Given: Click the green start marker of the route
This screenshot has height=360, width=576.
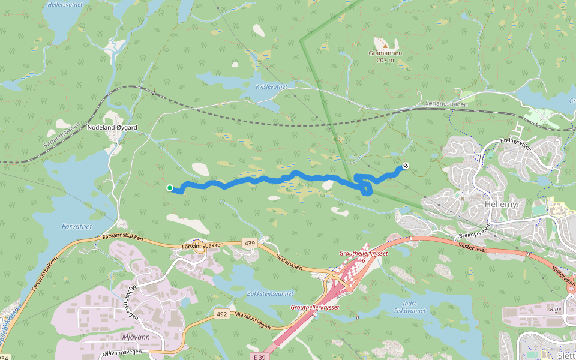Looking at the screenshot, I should click(170, 188).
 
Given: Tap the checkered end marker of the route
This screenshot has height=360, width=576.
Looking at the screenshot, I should click(406, 166).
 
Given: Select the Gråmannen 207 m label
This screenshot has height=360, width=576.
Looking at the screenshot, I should click(385, 56).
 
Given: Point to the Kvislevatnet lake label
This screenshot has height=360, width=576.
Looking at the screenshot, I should click(272, 87).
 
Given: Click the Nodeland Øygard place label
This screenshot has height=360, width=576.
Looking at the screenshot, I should click(112, 128).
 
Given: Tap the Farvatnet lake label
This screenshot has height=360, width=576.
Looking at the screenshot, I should click(77, 227).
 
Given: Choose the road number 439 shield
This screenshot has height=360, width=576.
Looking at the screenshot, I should click(250, 243).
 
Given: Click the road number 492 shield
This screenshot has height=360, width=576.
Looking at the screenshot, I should click(222, 314).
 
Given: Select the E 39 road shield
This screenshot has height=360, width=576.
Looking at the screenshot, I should click(259, 357).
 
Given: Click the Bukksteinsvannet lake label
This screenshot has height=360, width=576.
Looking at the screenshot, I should click(270, 294).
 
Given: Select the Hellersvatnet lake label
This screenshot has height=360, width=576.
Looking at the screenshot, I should click(65, 4).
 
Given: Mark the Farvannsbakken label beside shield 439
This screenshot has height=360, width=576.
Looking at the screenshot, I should click(203, 246).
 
